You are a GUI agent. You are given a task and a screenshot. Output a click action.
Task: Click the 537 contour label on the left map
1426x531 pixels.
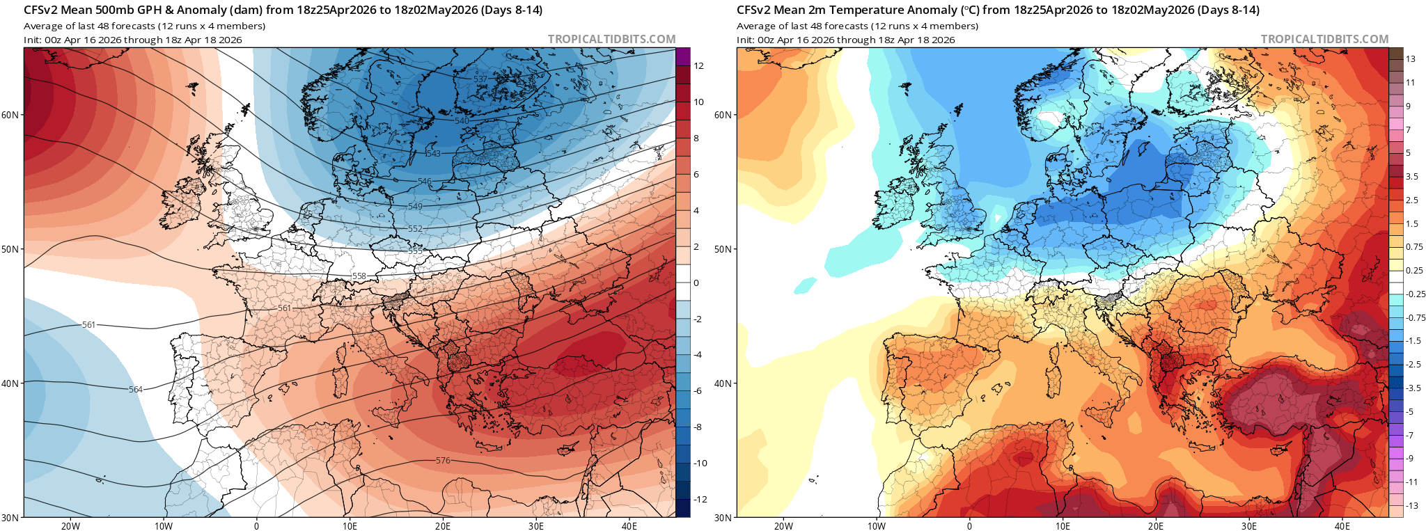click(480, 79)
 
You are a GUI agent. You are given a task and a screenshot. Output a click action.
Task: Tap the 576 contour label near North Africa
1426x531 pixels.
click(443, 461)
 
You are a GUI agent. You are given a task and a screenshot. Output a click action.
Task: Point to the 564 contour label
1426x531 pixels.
click(136, 390)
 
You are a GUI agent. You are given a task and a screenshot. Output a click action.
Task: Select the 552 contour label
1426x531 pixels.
click(415, 229)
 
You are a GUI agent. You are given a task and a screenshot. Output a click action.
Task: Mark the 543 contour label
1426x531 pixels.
click(433, 154)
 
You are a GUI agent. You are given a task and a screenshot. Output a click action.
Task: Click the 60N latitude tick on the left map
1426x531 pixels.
click(10, 115)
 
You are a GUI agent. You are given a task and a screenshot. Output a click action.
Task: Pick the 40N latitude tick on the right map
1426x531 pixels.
click(723, 383)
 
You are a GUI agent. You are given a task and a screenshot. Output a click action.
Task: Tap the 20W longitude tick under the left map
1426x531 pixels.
click(70, 525)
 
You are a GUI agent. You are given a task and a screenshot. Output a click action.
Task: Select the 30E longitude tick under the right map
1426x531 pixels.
click(1249, 525)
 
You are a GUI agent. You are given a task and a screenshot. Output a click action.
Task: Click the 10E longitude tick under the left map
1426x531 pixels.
click(350, 525)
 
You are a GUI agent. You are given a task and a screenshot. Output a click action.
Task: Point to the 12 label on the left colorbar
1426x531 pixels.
click(698, 66)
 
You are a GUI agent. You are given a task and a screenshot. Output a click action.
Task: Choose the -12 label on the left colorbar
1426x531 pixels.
click(700, 500)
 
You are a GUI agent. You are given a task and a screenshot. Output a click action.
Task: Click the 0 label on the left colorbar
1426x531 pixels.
click(696, 283)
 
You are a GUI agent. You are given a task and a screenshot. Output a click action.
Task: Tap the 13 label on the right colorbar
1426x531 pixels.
click(1411, 59)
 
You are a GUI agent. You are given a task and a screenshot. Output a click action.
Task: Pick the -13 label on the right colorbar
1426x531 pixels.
click(1412, 505)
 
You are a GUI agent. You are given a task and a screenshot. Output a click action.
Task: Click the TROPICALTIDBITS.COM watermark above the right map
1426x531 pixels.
click(1324, 40)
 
